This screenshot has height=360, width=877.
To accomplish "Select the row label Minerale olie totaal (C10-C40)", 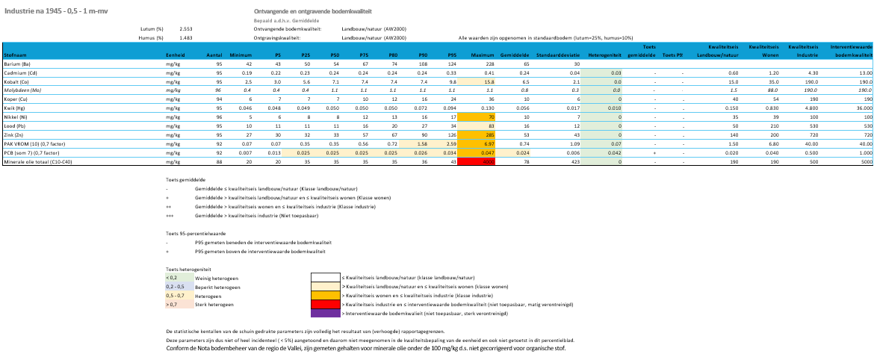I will tap(34, 161).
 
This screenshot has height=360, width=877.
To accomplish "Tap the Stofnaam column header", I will tap(16, 55).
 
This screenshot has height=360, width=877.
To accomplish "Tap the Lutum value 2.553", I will tap(186, 28).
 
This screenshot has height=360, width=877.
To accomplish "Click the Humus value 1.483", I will tap(186, 37).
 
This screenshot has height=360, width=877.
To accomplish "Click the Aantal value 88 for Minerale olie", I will tap(219, 161).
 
